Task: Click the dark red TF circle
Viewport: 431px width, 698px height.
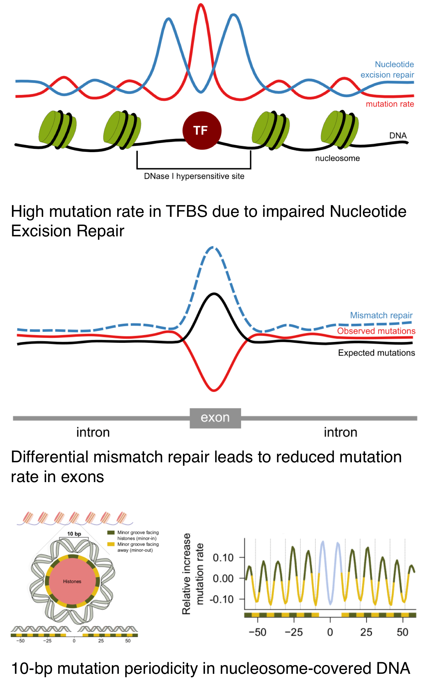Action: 202,130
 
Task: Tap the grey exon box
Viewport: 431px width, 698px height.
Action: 215,418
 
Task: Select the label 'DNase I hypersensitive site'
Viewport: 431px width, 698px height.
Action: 194,176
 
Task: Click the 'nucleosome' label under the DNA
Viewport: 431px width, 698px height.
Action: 337,158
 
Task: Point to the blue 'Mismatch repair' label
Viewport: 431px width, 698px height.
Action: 381,315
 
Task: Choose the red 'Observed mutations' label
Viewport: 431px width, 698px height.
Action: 376,331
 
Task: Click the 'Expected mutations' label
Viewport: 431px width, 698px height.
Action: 376,353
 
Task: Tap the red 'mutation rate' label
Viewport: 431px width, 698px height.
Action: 390,104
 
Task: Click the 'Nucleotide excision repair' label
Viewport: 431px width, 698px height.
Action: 387,70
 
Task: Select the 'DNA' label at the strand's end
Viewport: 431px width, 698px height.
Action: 398,135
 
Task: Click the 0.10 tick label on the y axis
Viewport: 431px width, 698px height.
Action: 223,558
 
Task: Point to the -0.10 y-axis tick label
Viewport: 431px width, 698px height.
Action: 222,599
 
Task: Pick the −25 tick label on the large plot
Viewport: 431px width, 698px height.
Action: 294,632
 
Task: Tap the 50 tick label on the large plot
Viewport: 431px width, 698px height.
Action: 402,632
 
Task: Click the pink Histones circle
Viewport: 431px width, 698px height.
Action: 72,581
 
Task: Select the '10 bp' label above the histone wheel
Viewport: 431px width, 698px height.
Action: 74,534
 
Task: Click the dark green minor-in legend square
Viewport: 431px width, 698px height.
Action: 111,533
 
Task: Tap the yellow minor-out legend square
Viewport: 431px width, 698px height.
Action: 111,544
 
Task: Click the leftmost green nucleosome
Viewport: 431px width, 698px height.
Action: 57,129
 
